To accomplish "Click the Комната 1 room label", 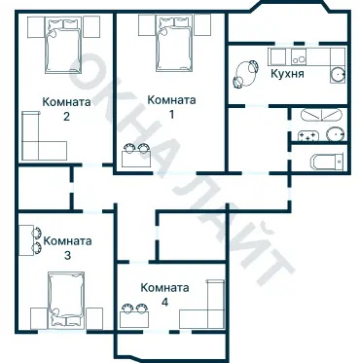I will pyautogui.click(x=170, y=106).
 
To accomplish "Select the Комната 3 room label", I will pyautogui.click(x=66, y=248).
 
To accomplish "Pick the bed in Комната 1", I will pyautogui.click(x=167, y=47).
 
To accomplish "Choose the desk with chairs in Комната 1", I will pyautogui.click(x=136, y=156).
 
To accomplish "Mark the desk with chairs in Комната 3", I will pyautogui.click(x=28, y=236).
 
